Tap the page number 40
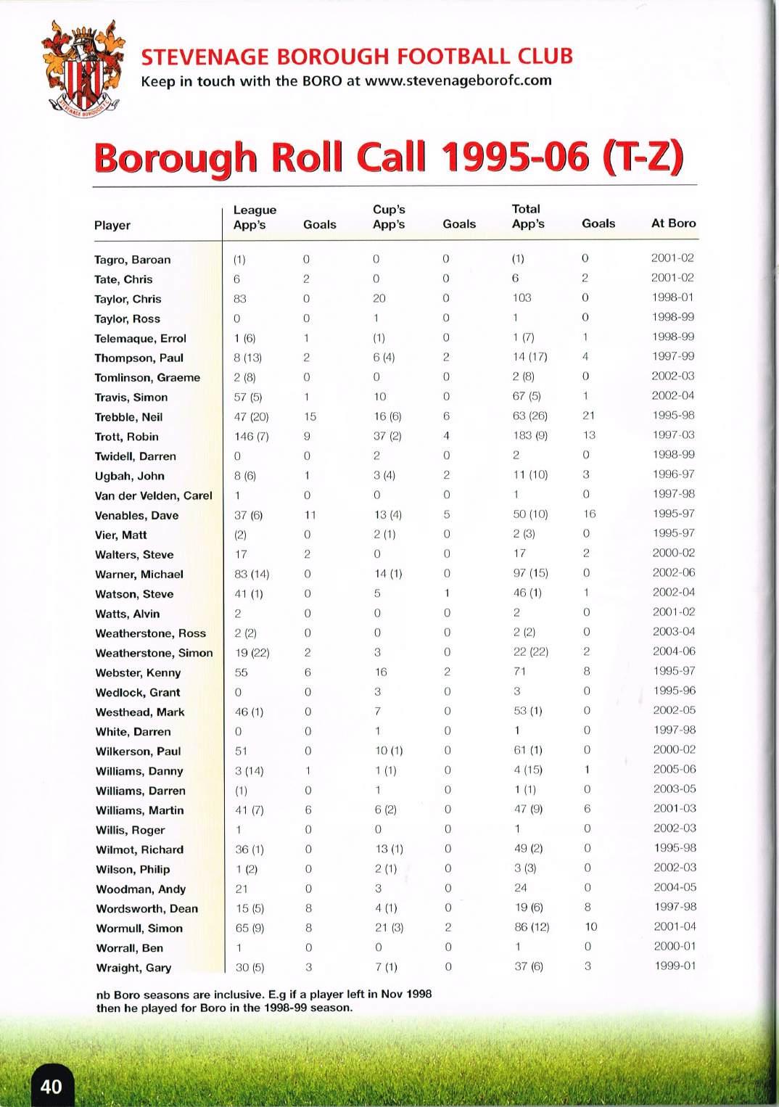51,1086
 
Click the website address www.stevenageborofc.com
458,81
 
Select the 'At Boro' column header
673,223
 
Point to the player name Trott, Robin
126,437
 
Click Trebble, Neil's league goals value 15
310,416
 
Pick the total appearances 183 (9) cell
530,435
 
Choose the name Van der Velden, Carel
153,495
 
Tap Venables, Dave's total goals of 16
589,514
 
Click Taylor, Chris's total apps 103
522,297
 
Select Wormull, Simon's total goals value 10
590,926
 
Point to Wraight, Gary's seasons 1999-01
675,966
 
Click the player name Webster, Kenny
138,672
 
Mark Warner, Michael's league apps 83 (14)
252,574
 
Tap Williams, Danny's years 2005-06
674,769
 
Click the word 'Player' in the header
112,225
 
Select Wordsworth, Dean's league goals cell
308,908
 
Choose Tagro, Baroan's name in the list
132,260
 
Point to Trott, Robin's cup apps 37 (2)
388,436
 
